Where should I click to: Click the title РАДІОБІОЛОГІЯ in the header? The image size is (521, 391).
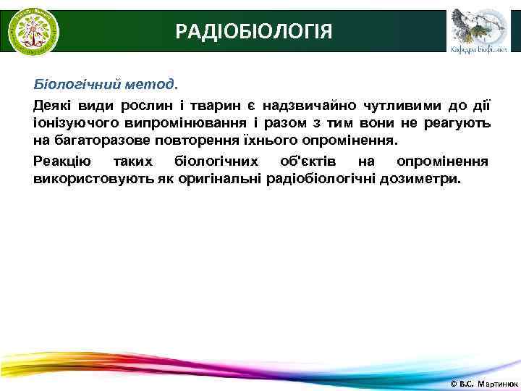[x=254, y=31]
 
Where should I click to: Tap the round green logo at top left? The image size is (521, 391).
[x=33, y=31]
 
